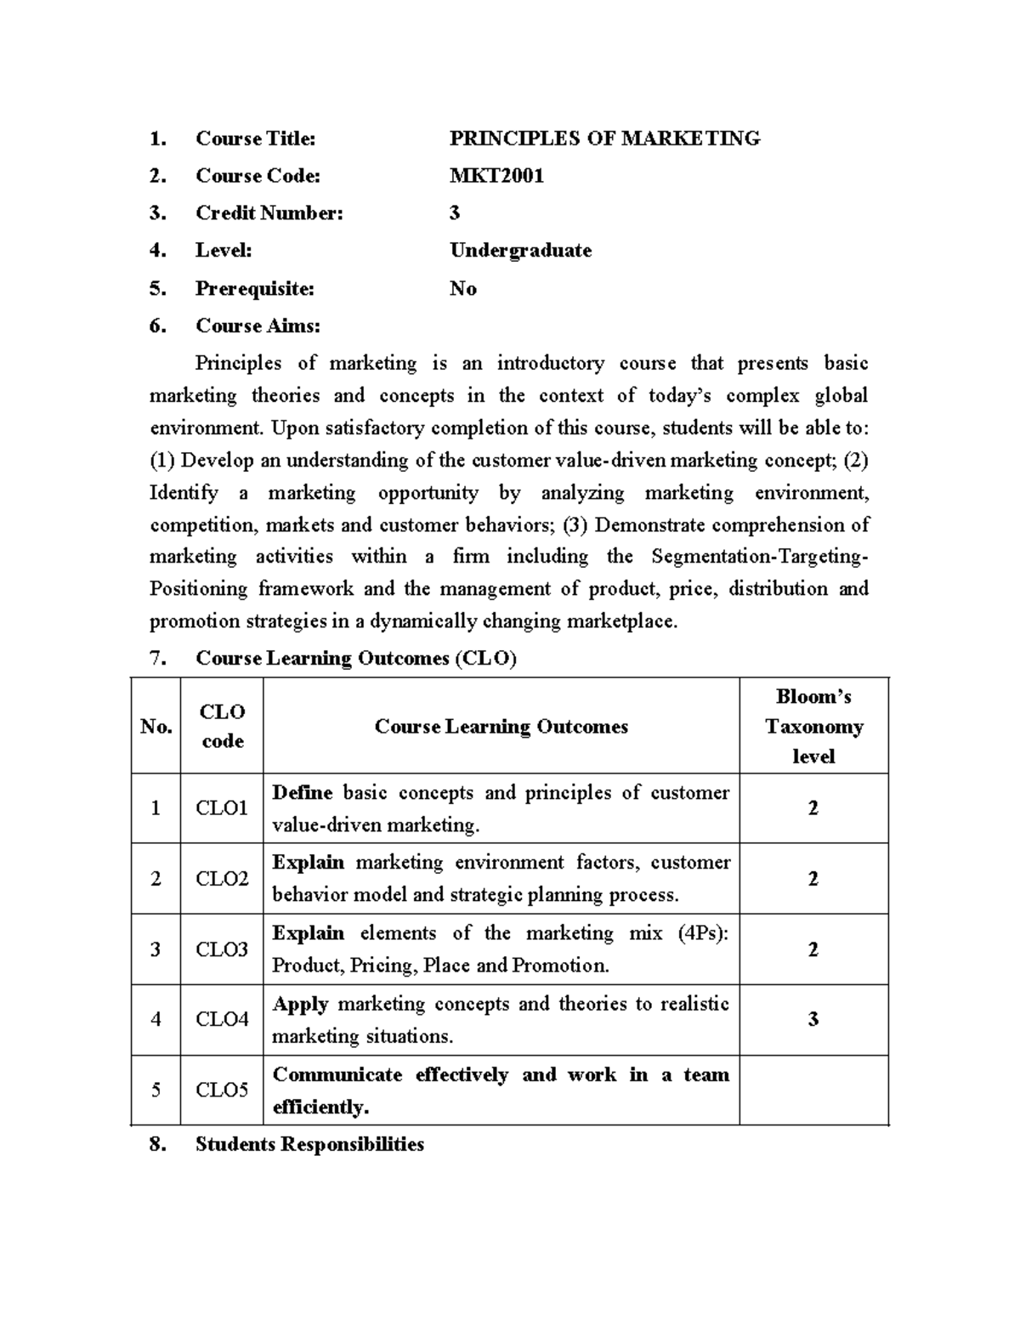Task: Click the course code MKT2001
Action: [496, 176]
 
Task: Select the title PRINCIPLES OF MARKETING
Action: [604, 139]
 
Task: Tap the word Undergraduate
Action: [520, 251]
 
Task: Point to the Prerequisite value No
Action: [462, 289]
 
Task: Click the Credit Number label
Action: [269, 213]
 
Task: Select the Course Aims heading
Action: [258, 326]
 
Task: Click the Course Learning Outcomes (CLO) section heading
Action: [355, 658]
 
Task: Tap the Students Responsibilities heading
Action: [309, 1144]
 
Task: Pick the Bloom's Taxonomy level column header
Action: [813, 726]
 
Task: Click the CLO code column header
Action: [222, 726]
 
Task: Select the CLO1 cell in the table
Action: [222, 808]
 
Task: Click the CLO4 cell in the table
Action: [222, 1019]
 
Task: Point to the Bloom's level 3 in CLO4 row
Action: [813, 1019]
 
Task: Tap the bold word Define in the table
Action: [302, 793]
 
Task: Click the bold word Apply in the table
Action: [300, 1004]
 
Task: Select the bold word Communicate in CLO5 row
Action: [337, 1074]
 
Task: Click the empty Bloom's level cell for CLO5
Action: [813, 1091]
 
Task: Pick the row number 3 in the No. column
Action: [156, 949]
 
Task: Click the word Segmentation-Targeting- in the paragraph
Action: [760, 557]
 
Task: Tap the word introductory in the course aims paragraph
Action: [551, 364]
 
